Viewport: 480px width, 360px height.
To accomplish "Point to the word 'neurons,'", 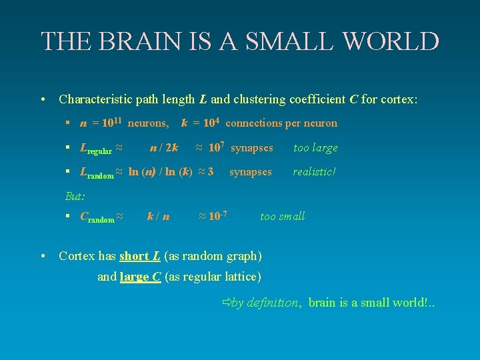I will [x=148, y=123].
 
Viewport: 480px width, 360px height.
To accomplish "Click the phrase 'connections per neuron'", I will [x=281, y=123].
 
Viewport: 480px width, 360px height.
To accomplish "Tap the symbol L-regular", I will [x=95, y=149].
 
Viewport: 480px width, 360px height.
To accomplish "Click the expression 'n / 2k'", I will [x=163, y=147].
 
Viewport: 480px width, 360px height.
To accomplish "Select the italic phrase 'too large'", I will [x=315, y=147].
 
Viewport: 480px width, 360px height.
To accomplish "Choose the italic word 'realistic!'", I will [x=314, y=172].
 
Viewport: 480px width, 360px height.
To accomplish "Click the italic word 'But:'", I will [x=75, y=196].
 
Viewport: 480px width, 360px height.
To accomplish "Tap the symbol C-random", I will [x=97, y=217].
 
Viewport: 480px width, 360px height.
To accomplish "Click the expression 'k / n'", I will [x=158, y=216].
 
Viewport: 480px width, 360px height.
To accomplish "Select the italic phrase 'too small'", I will [x=282, y=216].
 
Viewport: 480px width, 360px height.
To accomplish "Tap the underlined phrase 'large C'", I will [x=140, y=277].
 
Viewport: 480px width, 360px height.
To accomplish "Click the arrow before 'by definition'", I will [x=225, y=303].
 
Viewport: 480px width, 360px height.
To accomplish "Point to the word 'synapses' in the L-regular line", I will [x=251, y=147].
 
